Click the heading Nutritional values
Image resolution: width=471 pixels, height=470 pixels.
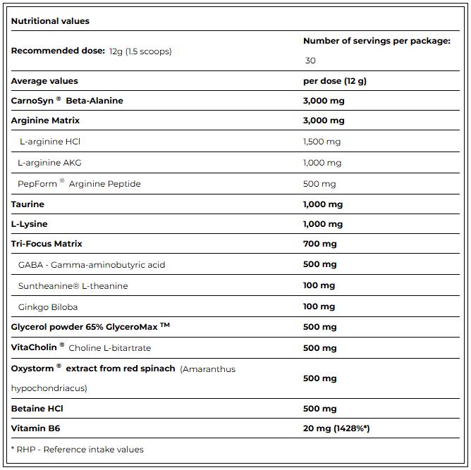click(50, 21)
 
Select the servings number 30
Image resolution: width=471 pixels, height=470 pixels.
click(310, 61)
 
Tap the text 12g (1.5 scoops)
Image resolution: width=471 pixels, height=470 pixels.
click(140, 51)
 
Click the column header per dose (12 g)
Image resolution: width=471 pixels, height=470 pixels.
click(334, 81)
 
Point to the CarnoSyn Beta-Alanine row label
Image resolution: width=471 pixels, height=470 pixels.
click(67, 101)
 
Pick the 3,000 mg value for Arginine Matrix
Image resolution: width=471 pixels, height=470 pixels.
click(323, 120)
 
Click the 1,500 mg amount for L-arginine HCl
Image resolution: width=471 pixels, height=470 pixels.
click(322, 142)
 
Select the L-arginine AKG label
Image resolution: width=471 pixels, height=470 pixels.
click(49, 163)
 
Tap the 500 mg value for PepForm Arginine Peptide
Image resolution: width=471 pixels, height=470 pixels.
click(319, 184)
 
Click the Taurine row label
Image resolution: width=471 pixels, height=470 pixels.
click(27, 204)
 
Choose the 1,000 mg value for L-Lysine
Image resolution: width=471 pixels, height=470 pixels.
click(322, 224)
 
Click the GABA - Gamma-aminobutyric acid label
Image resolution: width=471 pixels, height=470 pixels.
click(92, 265)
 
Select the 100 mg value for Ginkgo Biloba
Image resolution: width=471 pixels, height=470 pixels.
click(319, 307)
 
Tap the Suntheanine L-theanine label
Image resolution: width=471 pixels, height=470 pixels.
click(73, 286)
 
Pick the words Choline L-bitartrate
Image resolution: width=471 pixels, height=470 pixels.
click(109, 348)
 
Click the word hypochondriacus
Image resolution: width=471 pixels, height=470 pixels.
click(49, 388)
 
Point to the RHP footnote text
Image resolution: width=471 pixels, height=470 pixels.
click(77, 450)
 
